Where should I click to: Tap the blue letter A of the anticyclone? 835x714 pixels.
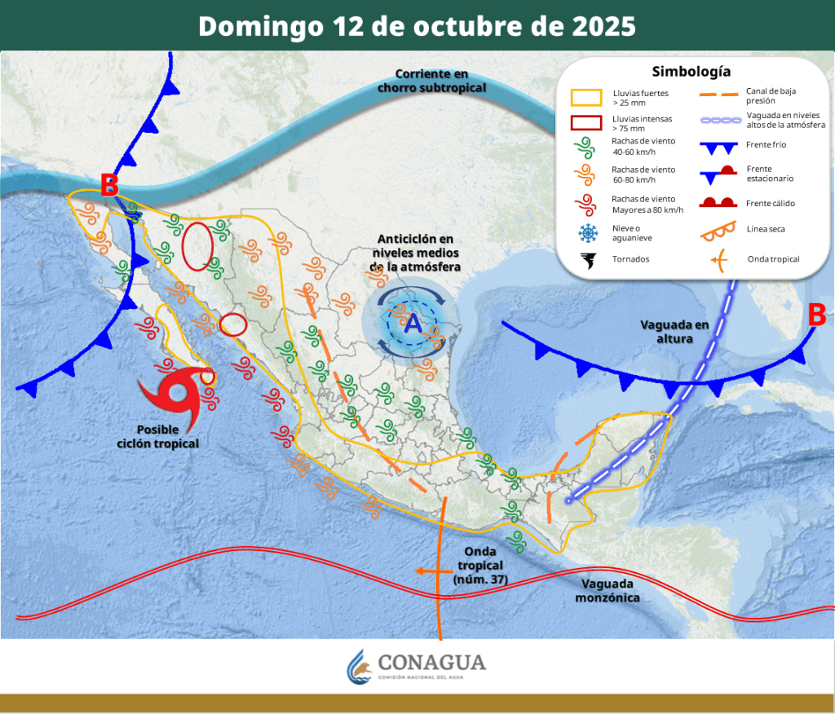click(x=413, y=324)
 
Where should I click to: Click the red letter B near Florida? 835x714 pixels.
click(x=816, y=315)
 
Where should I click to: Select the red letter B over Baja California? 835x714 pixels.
click(x=109, y=185)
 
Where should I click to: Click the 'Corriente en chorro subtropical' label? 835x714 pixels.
click(x=431, y=80)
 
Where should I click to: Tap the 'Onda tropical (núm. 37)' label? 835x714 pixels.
click(x=480, y=566)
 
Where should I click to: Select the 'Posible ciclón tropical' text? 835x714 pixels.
click(x=168, y=436)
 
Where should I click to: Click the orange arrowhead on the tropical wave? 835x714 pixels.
click(x=420, y=571)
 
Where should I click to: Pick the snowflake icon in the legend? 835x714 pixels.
click(x=586, y=234)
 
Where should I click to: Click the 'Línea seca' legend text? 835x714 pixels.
click(x=766, y=229)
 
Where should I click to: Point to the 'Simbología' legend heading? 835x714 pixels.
click(x=691, y=71)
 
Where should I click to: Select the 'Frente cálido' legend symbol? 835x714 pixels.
click(x=721, y=202)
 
